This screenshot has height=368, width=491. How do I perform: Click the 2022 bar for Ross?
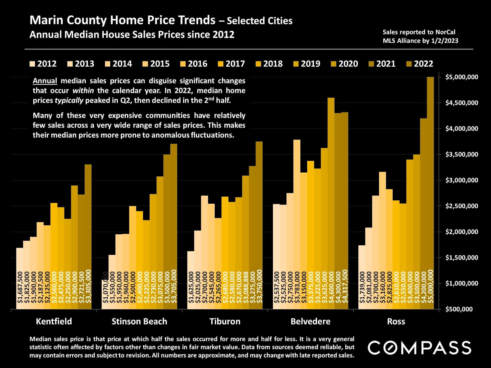click(x=430, y=192)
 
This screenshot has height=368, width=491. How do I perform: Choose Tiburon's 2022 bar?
click(x=259, y=225)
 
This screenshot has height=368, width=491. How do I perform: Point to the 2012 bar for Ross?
click(x=362, y=276)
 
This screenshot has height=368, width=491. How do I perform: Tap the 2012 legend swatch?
click(x=32, y=64)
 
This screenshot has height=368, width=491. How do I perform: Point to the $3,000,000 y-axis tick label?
click(x=462, y=180)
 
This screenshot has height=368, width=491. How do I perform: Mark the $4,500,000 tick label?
click(x=462, y=103)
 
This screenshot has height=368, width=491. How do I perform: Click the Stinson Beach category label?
click(x=139, y=321)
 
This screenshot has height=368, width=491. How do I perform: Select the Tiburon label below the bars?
click(x=225, y=321)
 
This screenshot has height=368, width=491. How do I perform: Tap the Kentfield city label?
click(x=54, y=321)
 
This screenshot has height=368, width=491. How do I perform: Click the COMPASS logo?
click(x=419, y=348)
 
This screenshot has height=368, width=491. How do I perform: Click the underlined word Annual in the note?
click(x=45, y=81)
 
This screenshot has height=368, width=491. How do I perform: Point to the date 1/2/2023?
click(x=444, y=41)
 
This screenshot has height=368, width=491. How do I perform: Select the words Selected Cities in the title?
click(x=259, y=21)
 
